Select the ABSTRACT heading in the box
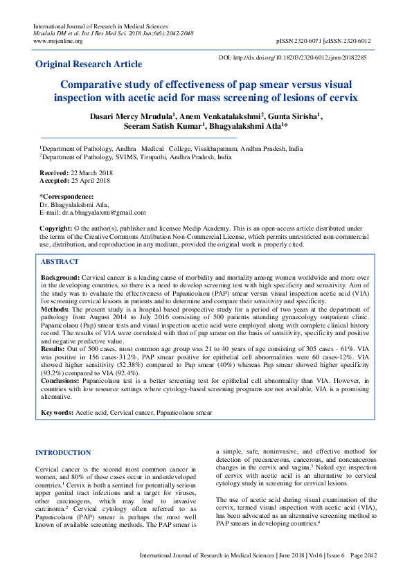pos(60,262)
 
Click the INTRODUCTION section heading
pos(62,453)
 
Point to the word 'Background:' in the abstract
pos(60,277)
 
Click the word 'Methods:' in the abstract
pos(56,310)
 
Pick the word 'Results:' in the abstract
pos(54,350)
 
